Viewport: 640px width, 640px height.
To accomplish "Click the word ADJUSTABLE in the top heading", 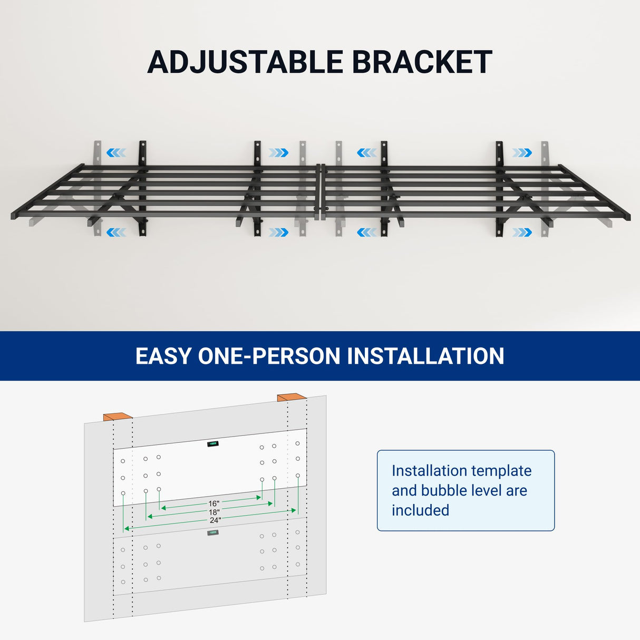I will [x=245, y=62].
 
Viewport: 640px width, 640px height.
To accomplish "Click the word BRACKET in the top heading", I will [x=422, y=62].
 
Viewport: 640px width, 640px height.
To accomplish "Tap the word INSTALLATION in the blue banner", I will [x=425, y=356].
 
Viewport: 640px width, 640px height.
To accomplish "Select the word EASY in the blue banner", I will [x=163, y=356].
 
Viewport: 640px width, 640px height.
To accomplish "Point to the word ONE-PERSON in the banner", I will [x=269, y=356].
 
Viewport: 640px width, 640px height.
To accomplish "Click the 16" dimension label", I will [x=214, y=504].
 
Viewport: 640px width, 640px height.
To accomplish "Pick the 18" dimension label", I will [x=214, y=512].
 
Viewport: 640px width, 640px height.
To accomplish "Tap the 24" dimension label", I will [x=215, y=520].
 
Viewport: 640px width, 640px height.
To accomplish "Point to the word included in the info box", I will [x=420, y=510].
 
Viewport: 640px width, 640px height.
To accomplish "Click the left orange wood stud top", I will [x=118, y=416].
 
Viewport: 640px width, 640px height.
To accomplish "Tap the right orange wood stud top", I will [x=292, y=397].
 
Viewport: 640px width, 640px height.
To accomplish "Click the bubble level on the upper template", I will [x=213, y=444].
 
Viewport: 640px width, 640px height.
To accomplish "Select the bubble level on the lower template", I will [x=213, y=533].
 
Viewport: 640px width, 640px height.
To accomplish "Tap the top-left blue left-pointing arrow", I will [x=116, y=153].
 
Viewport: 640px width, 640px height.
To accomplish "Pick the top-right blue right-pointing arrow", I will [x=522, y=153].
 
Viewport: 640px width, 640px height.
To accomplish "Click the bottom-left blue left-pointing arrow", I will [x=116, y=232].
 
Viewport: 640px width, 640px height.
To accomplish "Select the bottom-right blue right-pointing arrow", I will [x=522, y=232].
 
